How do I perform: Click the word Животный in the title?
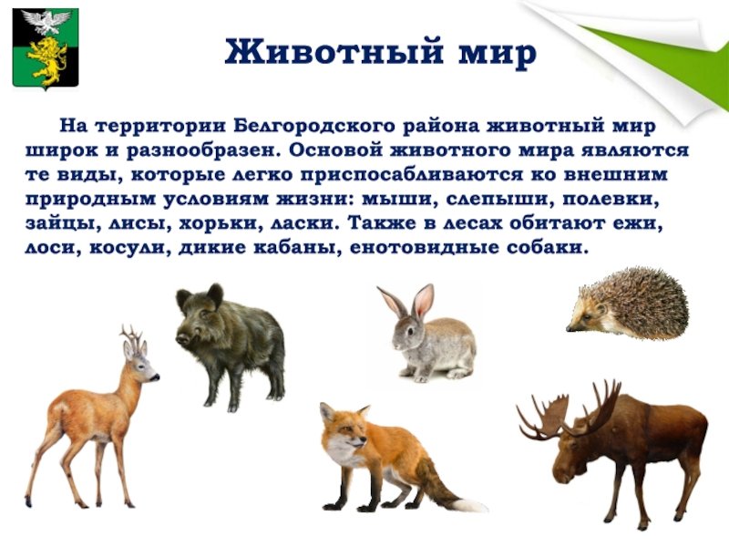(334, 51)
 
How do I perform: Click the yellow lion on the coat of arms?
(46, 59)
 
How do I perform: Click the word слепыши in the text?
(499, 199)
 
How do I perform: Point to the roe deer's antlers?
(130, 335)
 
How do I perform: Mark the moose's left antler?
(541, 418)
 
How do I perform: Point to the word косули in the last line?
(128, 247)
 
